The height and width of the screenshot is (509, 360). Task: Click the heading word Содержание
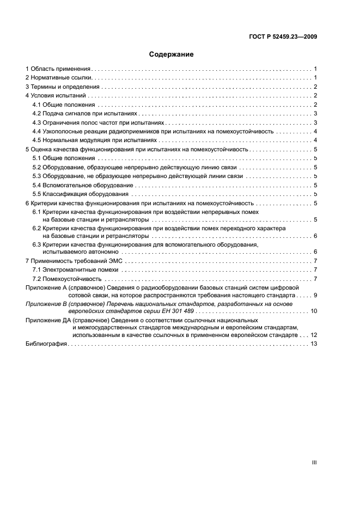click(171, 54)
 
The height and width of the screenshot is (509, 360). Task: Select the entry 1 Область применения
click(58, 69)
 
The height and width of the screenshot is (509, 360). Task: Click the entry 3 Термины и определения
click(62, 87)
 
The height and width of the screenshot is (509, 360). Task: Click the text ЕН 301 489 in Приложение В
click(176, 311)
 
